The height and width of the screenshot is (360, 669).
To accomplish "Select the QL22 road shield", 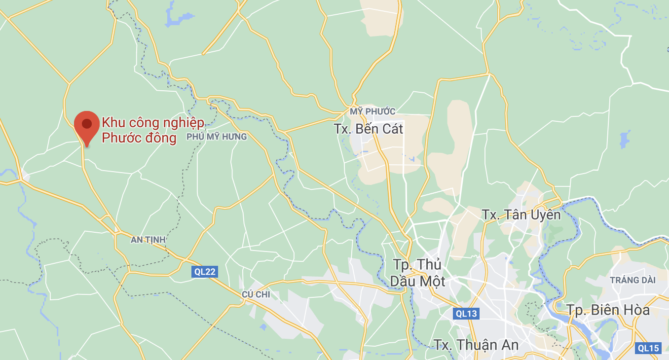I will coord(205,271).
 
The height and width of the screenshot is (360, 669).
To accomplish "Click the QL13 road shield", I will coord(466,313).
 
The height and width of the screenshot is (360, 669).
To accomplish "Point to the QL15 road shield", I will coord(648,348).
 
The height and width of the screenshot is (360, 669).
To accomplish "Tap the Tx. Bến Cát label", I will coord(369,129).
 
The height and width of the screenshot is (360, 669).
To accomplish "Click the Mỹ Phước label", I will coord(373,111).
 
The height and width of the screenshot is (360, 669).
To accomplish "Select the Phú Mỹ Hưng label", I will coord(217,137).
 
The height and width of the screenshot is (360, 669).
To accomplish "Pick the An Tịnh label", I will coord(148,240).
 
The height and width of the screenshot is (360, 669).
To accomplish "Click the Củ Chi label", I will coord(256,294).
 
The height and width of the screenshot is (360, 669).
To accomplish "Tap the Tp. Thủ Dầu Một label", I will coord(417,273).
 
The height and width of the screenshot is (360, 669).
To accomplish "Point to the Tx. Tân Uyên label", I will coord(521,215).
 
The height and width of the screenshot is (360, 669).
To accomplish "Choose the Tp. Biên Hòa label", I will coord(608,310).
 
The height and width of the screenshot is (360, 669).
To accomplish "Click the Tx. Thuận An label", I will coord(476,345).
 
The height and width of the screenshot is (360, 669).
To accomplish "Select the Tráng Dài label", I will coord(632,280).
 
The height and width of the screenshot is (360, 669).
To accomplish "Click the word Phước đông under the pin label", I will coord(139,138).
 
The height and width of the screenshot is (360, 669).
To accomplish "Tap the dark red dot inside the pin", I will coord(87,123).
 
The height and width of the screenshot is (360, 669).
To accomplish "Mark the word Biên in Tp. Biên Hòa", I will coord(602,310).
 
